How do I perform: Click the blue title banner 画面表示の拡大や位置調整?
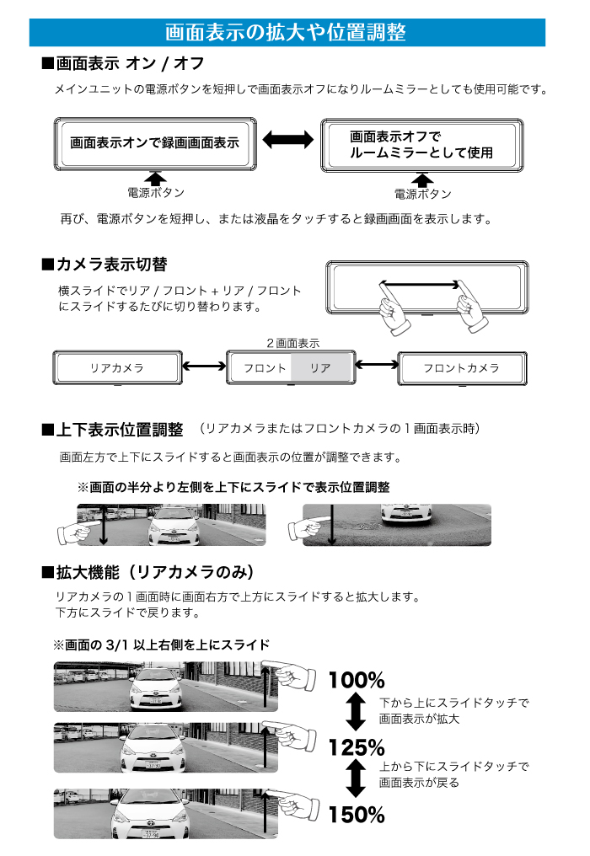[x=287, y=32]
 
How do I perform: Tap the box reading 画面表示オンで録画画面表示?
[x=154, y=143]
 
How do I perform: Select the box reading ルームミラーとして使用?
[x=421, y=145]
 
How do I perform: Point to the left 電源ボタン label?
[x=156, y=192]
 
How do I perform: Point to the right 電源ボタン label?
[x=422, y=194]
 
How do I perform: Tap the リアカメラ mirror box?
[x=117, y=368]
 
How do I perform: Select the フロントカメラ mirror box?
[x=461, y=368]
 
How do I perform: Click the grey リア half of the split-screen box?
[x=320, y=368]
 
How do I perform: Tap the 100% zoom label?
[x=357, y=680]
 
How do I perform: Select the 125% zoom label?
[x=357, y=747]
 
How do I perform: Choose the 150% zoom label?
[x=357, y=815]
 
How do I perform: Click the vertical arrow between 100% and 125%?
[x=357, y=714]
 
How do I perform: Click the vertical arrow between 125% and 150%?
[x=357, y=780]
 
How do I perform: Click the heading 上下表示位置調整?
[x=119, y=431]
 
